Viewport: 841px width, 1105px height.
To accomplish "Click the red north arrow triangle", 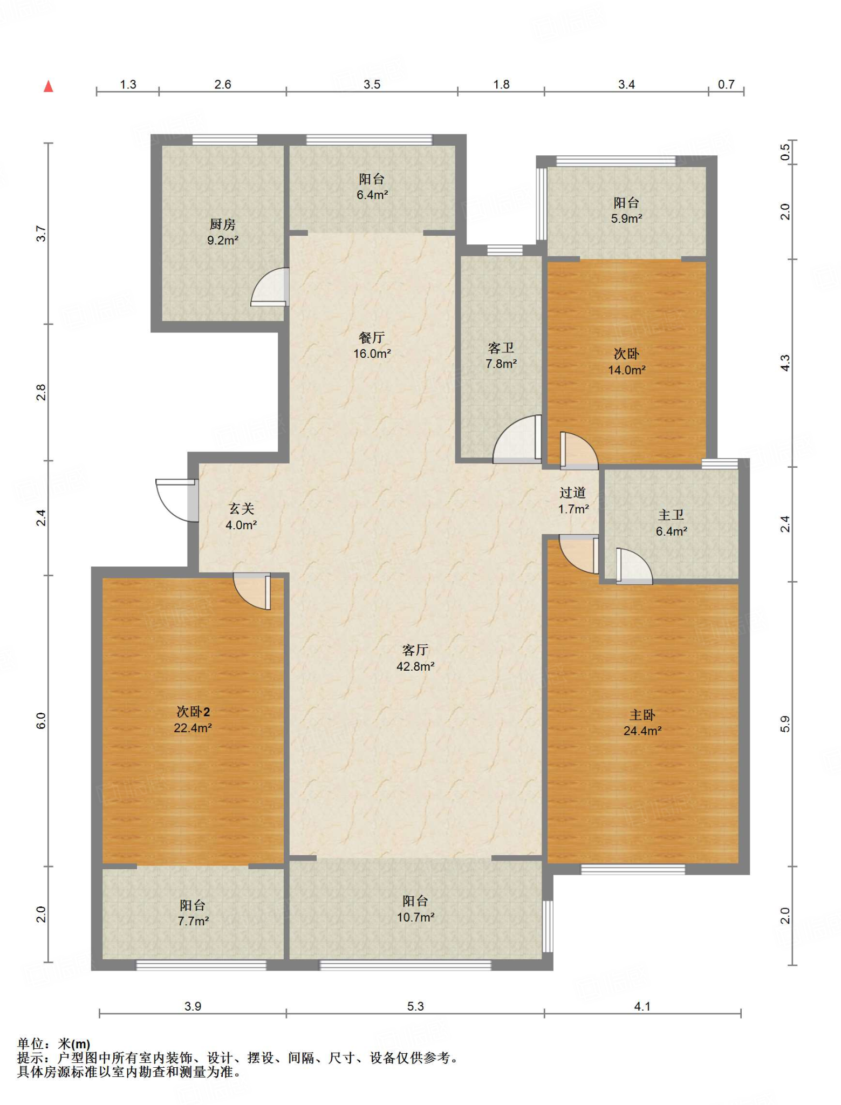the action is pos(49,86).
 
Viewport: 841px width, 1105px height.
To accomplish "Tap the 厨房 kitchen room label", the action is pos(223,224).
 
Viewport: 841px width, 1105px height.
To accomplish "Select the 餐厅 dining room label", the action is pos(372,338).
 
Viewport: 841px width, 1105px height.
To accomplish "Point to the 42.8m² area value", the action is pos(415,666).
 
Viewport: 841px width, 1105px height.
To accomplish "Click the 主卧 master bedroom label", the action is pos(642,715).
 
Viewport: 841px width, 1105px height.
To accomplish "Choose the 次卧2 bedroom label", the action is pos(193,712).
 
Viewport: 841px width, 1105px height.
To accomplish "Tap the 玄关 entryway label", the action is pos(241,508).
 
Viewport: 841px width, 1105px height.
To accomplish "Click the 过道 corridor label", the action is pos(573,493).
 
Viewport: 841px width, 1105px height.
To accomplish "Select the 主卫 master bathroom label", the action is pos(671,515).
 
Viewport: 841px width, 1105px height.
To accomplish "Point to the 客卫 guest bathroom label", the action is pos(501,348).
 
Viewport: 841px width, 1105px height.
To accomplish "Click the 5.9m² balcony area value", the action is pos(626,219).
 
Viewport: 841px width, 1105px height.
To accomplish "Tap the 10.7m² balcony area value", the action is pos(415,917).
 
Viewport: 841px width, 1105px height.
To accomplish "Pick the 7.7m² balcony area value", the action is pos(193,921).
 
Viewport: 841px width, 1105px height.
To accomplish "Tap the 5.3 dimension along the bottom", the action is pos(415,1006).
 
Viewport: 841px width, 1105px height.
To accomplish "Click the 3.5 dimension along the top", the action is pos(372,84).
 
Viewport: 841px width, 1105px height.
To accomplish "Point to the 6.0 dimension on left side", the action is pos(41,721).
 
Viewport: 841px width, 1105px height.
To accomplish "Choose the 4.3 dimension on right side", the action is pos(785,363).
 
